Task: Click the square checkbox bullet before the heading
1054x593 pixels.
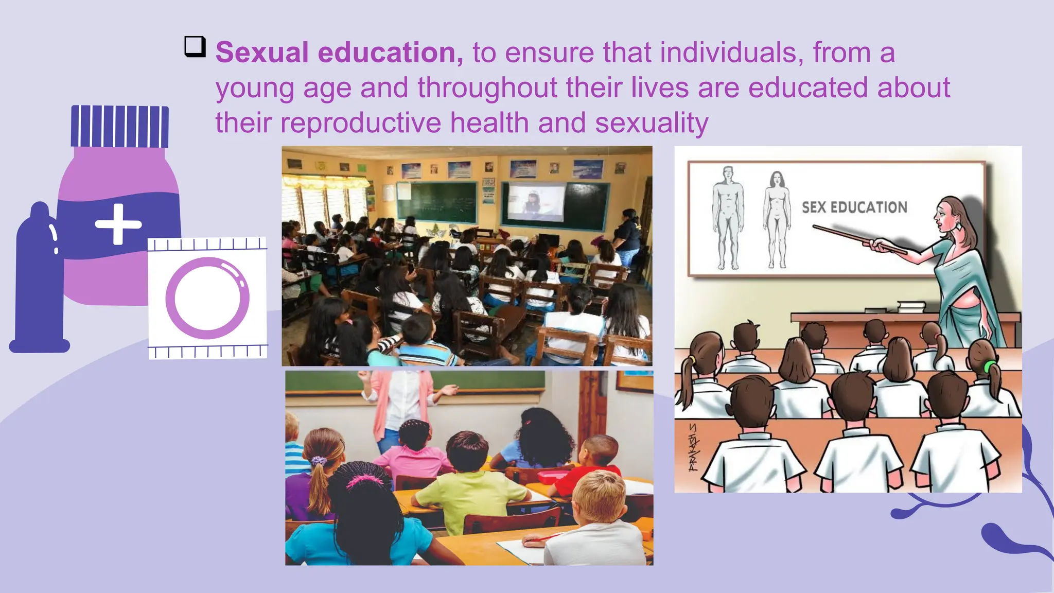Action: (x=195, y=47)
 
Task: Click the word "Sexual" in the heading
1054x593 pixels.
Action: (x=261, y=53)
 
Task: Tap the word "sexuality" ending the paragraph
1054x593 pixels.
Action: (x=652, y=123)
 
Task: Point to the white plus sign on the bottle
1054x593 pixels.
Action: (x=118, y=224)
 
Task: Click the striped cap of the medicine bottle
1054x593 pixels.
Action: (x=119, y=127)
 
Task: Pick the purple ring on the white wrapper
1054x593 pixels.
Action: (x=207, y=298)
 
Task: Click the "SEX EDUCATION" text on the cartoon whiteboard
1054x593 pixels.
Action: (x=854, y=207)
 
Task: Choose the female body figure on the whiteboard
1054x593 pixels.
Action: (x=777, y=220)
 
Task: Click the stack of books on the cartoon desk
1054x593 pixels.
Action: (x=911, y=307)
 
